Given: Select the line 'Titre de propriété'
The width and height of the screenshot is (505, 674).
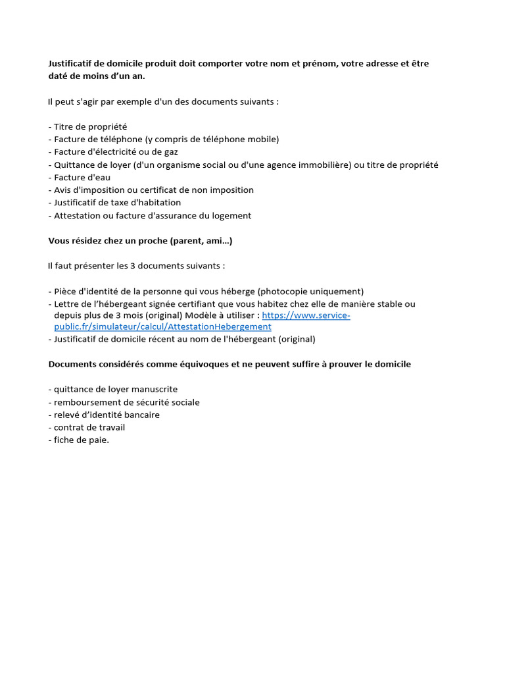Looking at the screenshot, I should click(x=90, y=126).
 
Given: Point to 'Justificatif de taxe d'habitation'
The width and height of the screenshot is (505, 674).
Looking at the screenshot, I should click(x=117, y=203).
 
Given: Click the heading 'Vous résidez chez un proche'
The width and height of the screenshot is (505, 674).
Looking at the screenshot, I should click(x=140, y=241).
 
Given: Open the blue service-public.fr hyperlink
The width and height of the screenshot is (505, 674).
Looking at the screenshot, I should click(x=306, y=315).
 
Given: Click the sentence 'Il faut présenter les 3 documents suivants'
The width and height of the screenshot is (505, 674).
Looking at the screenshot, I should click(x=136, y=266).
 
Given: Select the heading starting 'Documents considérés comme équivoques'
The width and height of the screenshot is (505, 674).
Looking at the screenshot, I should click(x=229, y=364).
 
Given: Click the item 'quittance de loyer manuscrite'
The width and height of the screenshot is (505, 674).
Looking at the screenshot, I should click(x=115, y=389).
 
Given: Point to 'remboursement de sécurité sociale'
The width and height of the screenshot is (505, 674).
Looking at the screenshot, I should click(x=126, y=402).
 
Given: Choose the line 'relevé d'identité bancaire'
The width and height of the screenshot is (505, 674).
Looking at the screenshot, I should click(x=107, y=415).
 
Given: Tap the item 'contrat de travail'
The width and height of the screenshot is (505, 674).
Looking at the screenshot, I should click(x=89, y=427).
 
